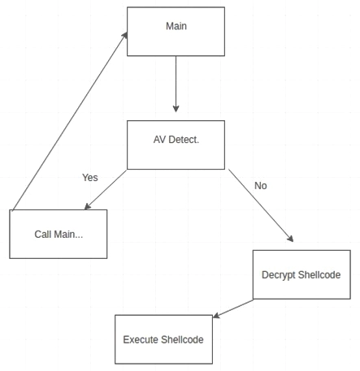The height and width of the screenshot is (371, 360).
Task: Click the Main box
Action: (176, 32)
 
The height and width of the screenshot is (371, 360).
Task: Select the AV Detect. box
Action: (176, 145)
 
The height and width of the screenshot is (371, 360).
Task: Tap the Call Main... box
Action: (58, 234)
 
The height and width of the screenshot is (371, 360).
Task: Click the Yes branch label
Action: (90, 177)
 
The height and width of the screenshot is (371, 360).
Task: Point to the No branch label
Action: (261, 185)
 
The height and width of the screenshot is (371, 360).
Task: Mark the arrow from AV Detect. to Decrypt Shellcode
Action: (260, 206)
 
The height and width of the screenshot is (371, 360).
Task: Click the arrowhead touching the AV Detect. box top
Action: (176, 109)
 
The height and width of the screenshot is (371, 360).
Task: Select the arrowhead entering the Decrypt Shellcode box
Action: (290, 239)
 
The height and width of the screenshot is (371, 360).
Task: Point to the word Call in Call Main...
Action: (43, 234)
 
